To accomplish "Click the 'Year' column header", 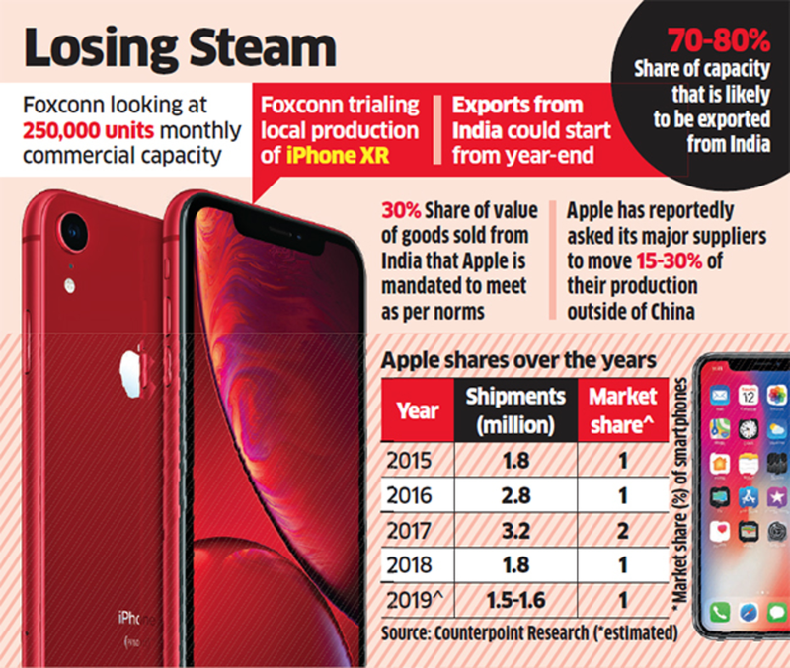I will point(418,409).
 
